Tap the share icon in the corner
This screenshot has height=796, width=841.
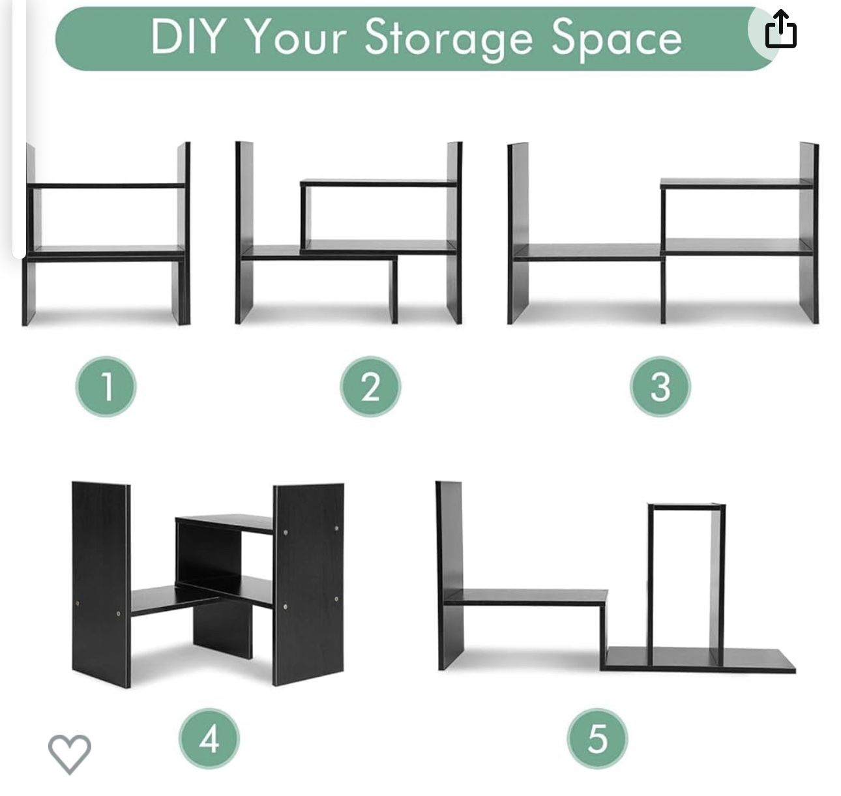pyautogui.click(x=780, y=29)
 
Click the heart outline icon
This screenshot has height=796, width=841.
pyautogui.click(x=69, y=754)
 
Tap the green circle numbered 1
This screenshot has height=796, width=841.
pyautogui.click(x=106, y=387)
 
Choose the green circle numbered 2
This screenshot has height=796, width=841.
pyautogui.click(x=370, y=387)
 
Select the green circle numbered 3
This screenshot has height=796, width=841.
pyautogui.click(x=660, y=387)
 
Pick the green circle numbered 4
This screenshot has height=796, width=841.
pyautogui.click(x=209, y=739)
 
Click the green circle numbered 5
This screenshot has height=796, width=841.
pyautogui.click(x=598, y=739)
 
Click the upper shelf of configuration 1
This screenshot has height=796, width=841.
pyautogui.click(x=106, y=186)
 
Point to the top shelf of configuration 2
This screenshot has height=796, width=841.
pyautogui.click(x=379, y=183)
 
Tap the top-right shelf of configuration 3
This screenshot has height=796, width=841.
pyautogui.click(x=736, y=183)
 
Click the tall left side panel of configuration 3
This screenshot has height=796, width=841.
pyautogui.click(x=518, y=233)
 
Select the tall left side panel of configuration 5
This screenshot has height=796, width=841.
pyautogui.click(x=450, y=575)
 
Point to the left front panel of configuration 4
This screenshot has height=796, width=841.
pyautogui.click(x=101, y=584)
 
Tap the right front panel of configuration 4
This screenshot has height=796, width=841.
pyautogui.click(x=308, y=584)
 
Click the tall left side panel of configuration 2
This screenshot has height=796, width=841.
pyautogui.click(x=244, y=232)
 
